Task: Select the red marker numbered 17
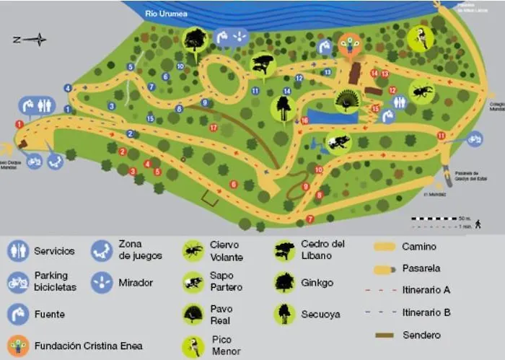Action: (213, 128)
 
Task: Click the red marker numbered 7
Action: (309, 219)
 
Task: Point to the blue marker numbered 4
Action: (68, 88)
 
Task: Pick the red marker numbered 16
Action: (304, 120)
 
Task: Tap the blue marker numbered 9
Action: (205, 102)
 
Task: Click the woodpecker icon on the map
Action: (420, 38)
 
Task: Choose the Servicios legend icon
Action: (18, 251)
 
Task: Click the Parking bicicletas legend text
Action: (50, 281)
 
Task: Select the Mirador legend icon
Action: (102, 281)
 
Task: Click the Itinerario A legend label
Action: (426, 290)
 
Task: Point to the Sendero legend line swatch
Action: (385, 335)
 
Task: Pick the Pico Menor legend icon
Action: (193, 346)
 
